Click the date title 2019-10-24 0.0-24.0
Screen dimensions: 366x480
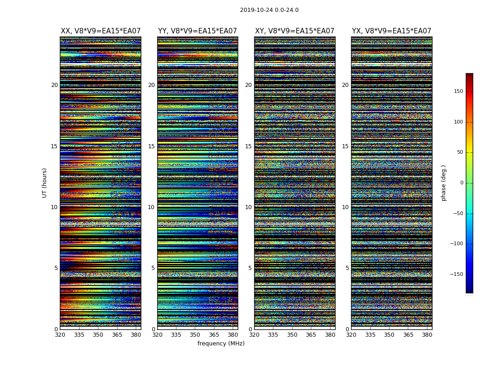pos(269,10)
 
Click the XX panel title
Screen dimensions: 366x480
pos(101,31)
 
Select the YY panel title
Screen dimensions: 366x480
pos(197,31)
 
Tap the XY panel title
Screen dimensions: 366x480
pos(294,31)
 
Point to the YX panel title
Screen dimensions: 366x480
pos(391,31)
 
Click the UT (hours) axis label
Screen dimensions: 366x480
pos(44,183)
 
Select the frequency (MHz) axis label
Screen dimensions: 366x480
pos(221,344)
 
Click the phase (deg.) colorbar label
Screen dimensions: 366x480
pos(443,183)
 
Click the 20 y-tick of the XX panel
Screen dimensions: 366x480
pos(54,85)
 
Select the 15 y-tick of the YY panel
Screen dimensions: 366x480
pos(151,146)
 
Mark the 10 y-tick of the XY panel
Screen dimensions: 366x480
pos(248,207)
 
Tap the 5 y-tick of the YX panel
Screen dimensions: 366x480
pos(347,268)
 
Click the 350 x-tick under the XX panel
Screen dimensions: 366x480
pos(98,334)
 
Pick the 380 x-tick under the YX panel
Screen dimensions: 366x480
pos(427,334)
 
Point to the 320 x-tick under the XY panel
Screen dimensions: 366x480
pos(254,334)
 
